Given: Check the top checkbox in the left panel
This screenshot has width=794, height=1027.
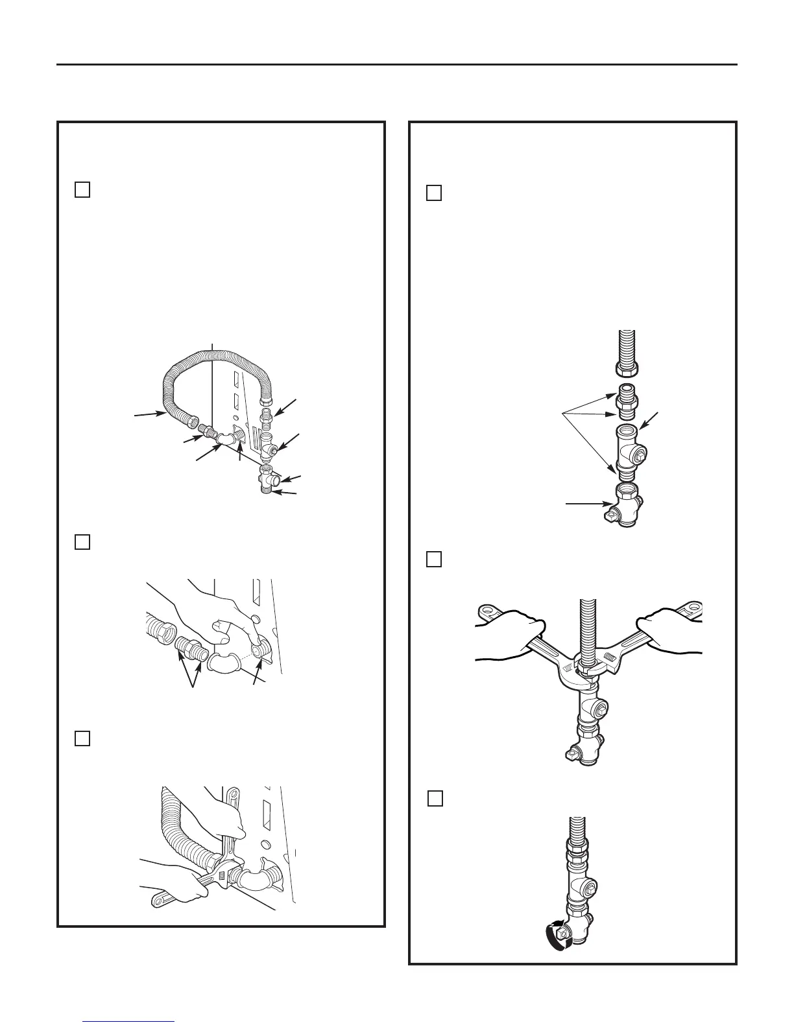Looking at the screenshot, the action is [x=82, y=190].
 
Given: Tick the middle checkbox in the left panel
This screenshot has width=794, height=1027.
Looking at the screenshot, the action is [x=82, y=542].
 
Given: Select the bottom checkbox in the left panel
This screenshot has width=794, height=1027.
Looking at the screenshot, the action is [x=82, y=738].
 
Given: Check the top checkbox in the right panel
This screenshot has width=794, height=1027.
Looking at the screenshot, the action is [x=434, y=193].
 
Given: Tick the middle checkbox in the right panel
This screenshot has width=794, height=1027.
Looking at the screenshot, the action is [x=434, y=559].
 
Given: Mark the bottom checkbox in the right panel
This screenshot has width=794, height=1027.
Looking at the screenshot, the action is [x=435, y=798].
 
